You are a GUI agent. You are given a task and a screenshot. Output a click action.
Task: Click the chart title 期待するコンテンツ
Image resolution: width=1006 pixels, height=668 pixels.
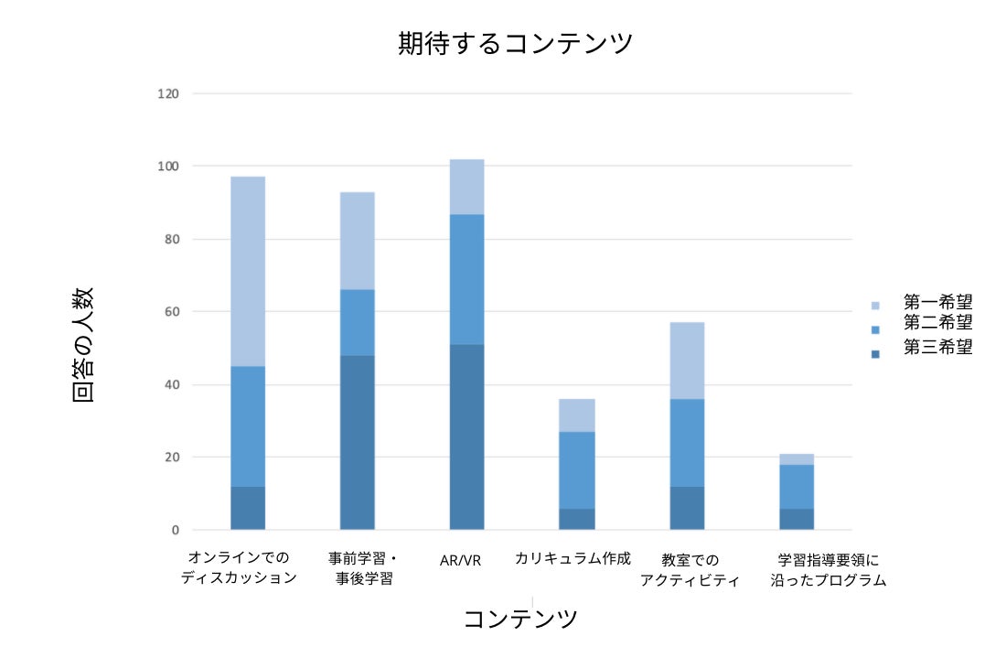tap(515, 44)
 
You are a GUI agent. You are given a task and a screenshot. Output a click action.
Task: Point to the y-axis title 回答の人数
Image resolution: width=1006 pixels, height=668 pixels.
tap(82, 344)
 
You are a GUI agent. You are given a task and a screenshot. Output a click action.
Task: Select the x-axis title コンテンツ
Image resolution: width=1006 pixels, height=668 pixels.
tap(520, 619)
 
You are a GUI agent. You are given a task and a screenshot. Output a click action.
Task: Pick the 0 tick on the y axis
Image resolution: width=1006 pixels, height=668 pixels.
tap(173, 530)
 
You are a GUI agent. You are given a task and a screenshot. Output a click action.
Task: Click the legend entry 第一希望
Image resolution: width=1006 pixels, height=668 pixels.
tap(936, 302)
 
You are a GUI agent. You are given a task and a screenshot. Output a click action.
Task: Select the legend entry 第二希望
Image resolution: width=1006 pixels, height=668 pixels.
tap(936, 322)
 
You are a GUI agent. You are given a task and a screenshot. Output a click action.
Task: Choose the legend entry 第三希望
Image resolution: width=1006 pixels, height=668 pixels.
tap(936, 347)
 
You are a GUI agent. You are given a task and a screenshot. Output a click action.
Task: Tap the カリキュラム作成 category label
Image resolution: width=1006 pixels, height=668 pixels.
tap(573, 557)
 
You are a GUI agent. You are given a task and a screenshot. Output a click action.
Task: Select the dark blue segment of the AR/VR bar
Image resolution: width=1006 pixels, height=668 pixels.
tap(466, 436)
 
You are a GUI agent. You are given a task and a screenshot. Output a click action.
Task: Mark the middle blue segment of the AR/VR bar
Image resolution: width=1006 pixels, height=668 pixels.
tap(466, 279)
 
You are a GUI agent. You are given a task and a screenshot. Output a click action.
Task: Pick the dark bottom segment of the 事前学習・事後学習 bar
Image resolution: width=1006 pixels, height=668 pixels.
tap(357, 442)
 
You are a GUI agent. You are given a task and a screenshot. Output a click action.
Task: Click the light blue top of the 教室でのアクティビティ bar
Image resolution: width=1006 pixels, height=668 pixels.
tap(687, 361)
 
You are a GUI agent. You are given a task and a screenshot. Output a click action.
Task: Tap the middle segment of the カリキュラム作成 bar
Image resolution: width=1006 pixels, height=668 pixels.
tap(576, 469)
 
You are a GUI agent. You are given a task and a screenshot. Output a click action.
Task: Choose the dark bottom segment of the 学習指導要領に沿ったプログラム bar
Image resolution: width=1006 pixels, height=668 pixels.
tap(796, 519)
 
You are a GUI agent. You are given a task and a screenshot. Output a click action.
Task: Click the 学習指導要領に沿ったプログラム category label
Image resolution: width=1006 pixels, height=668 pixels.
tap(829, 569)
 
